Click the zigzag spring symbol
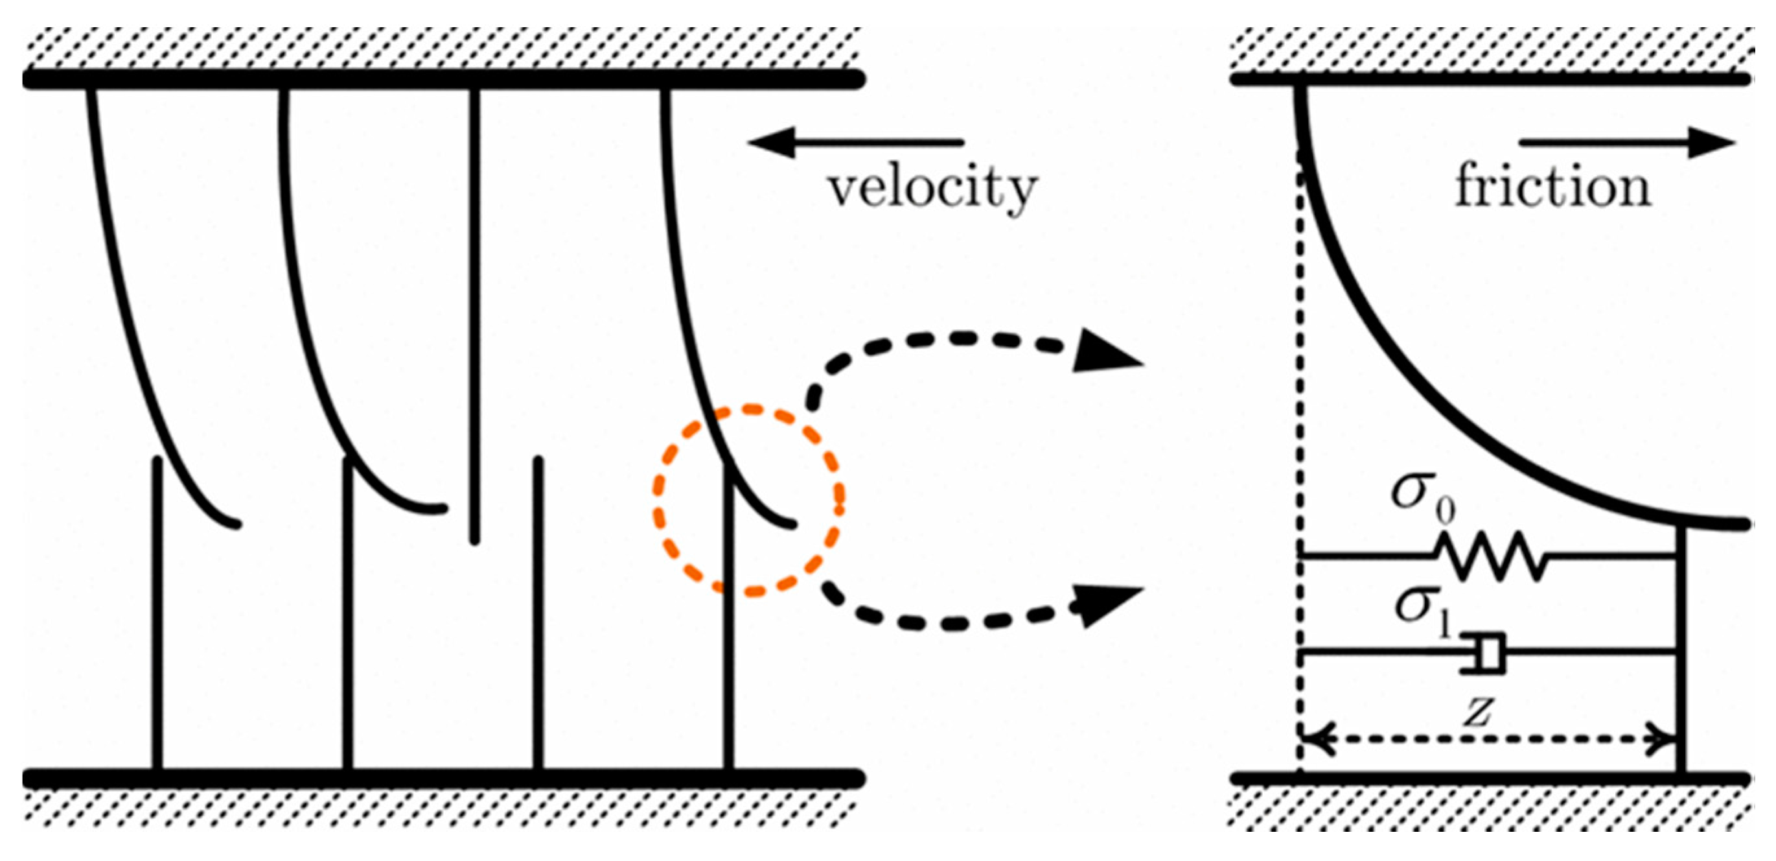point(1492,555)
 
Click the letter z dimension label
point(1479,711)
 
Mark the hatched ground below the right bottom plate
point(1489,808)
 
